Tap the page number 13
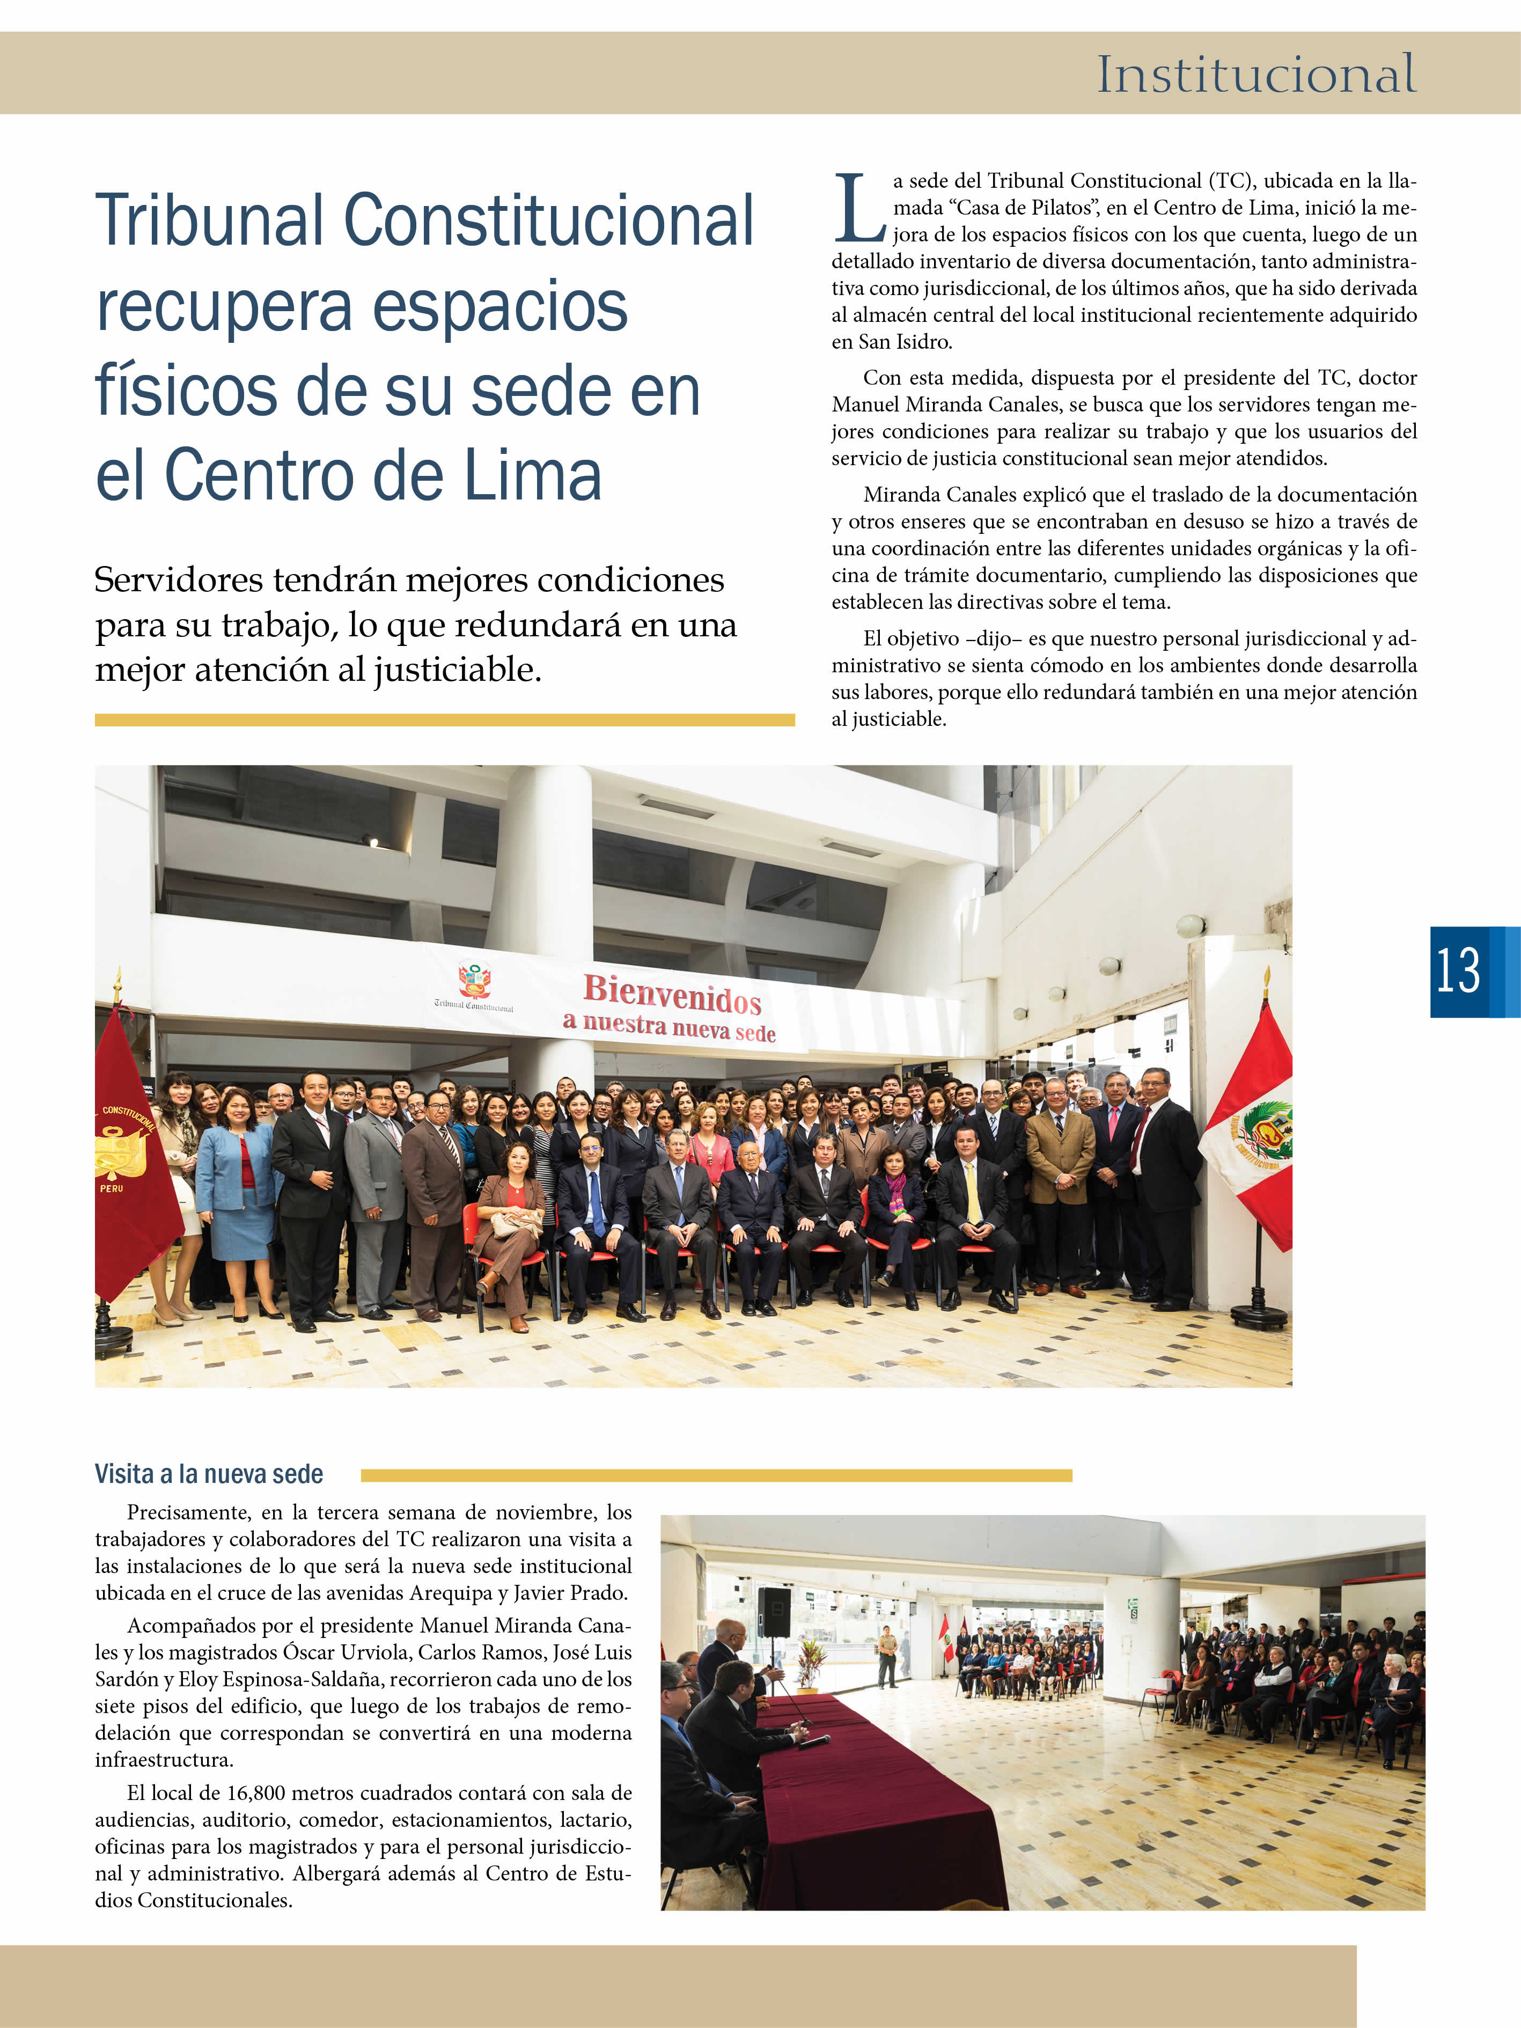click(x=1458, y=972)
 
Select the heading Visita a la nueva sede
click(x=209, y=1474)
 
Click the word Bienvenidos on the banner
click(x=672, y=994)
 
